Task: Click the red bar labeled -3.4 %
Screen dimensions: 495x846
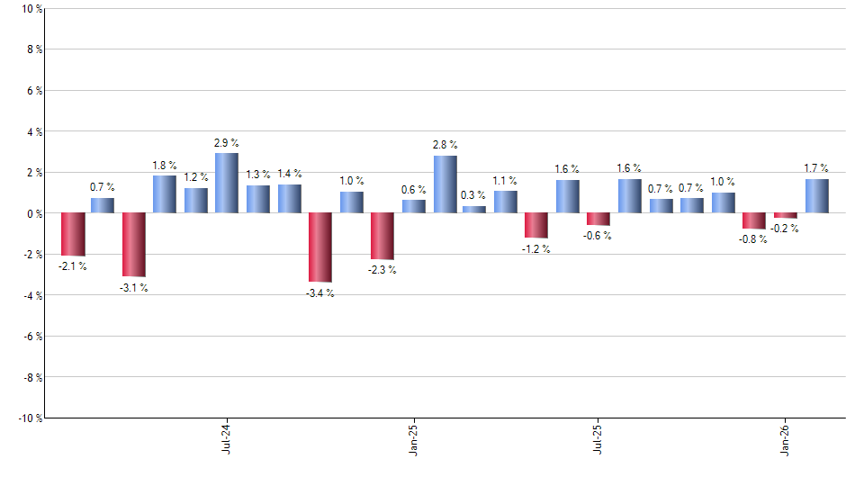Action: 320,247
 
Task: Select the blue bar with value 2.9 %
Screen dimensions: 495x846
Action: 227,183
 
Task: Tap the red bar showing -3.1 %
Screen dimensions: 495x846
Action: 134,245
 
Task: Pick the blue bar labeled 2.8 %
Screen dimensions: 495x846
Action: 445,184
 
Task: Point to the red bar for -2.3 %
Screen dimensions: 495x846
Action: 382,236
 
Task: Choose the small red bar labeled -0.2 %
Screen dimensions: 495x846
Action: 786,215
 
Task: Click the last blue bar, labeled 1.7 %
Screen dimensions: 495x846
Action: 817,195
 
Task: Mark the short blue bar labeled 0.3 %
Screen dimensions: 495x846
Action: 474,210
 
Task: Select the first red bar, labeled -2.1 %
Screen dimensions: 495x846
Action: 73,234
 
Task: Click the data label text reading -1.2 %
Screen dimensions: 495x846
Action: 535,249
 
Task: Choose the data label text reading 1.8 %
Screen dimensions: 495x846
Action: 164,165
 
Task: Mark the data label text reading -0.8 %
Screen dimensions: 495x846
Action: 753,239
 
